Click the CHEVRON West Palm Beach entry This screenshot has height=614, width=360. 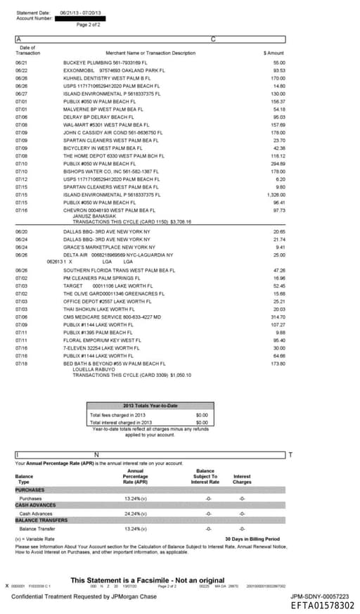pos(109,210)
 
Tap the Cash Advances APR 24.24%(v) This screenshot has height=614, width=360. pos(135,513)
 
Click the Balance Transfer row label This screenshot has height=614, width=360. pos(37,528)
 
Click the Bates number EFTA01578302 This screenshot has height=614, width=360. pos(322,605)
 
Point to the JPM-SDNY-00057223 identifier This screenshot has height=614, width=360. pos(322,595)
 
